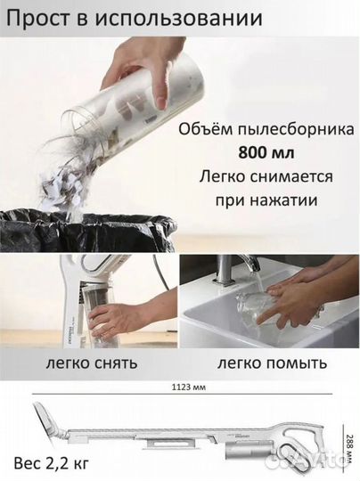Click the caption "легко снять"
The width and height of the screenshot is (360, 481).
point(88,363)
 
